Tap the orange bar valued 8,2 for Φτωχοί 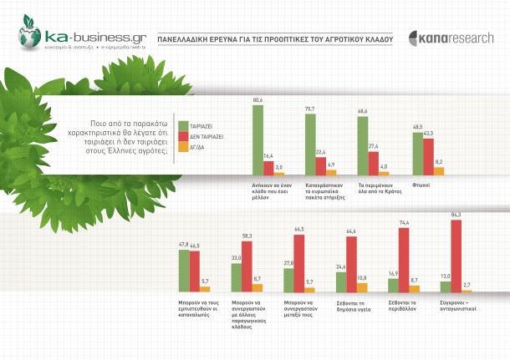click(x=438, y=171)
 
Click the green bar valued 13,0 click(x=446, y=286)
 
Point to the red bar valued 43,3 click(x=427, y=156)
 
